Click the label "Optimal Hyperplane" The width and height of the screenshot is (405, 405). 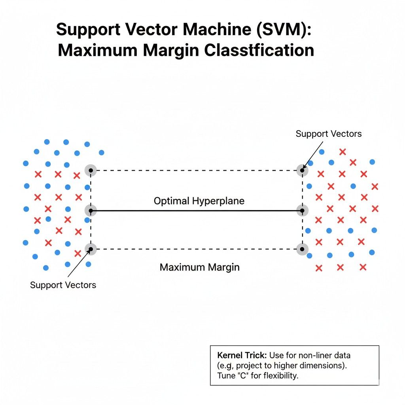coord(199,201)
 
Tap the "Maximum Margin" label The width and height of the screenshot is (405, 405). coord(200,267)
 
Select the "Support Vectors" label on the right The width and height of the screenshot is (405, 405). coord(328,134)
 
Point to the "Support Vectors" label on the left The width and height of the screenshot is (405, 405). coord(63,285)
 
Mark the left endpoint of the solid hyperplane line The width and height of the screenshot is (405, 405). coord(91,211)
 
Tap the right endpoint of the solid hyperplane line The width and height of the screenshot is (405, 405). coord(303,211)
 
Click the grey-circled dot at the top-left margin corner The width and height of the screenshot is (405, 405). coord(91,170)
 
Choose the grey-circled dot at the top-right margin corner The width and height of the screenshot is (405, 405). coord(303,170)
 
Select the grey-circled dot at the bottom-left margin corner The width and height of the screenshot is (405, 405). coord(91,249)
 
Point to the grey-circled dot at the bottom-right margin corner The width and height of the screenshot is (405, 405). coord(303,249)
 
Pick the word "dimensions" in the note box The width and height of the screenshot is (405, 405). coord(324,365)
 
